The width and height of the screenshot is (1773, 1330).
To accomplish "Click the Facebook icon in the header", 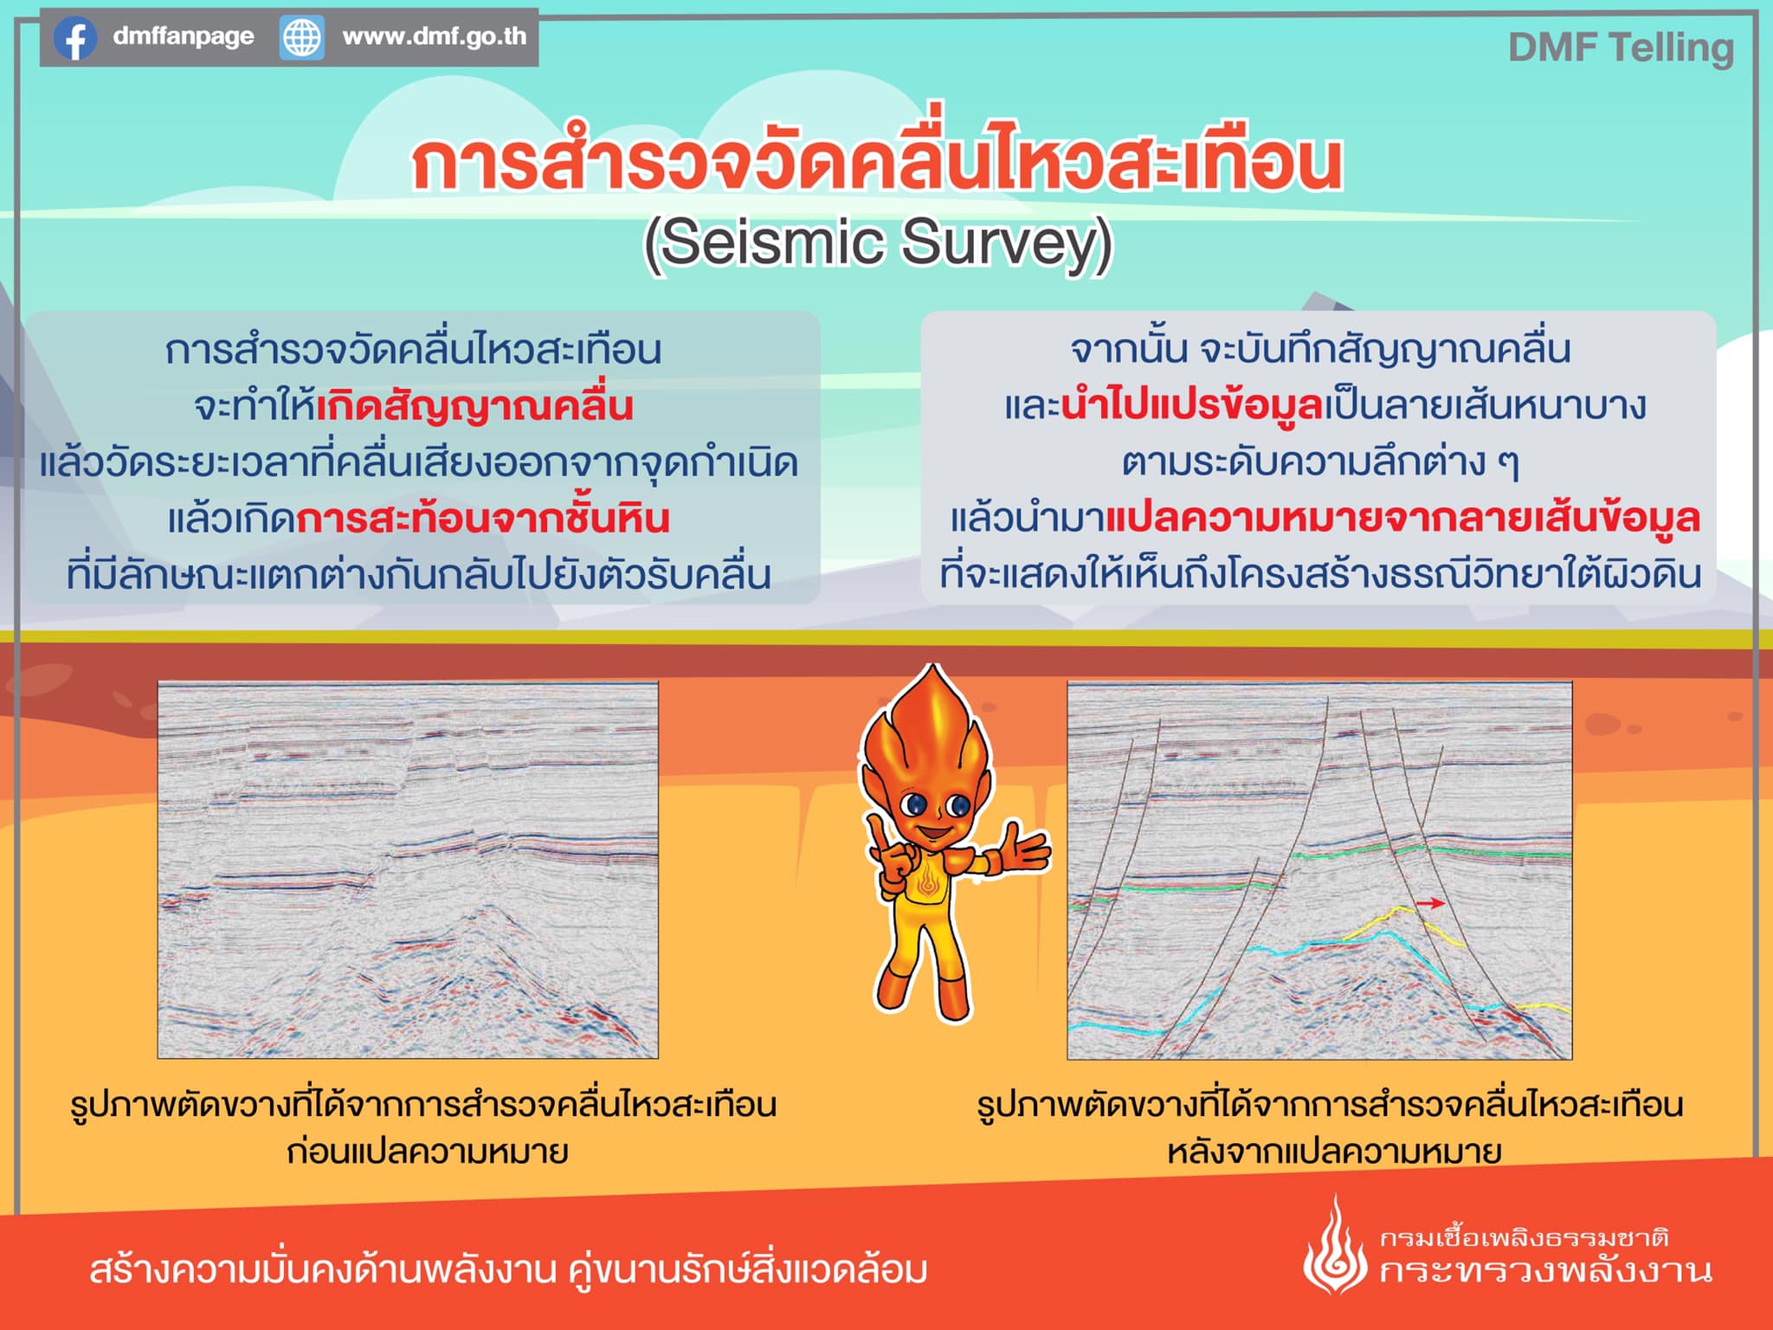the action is [x=75, y=38].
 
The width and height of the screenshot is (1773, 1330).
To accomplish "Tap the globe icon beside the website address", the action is [x=301, y=38].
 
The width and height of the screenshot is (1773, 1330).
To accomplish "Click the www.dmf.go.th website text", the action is [x=435, y=36].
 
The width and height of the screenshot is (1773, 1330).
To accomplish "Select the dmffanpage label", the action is [x=184, y=36].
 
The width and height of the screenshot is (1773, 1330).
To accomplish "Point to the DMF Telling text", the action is [x=1621, y=48].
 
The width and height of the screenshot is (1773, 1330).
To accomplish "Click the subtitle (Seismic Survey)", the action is [x=878, y=244].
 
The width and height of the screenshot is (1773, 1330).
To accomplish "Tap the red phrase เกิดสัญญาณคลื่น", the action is [x=474, y=405].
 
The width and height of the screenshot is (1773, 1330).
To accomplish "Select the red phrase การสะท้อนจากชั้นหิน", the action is [x=483, y=518].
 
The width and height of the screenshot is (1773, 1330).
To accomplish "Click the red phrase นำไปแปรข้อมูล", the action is [x=1192, y=405].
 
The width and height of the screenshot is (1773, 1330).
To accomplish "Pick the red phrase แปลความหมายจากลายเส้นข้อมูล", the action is [x=1403, y=518].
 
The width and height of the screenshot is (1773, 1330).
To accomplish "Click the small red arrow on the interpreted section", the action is [x=1430, y=903].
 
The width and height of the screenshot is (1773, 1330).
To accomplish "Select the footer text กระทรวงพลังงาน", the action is [x=1546, y=1271].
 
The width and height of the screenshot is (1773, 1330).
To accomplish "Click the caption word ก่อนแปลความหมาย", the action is [x=428, y=1152].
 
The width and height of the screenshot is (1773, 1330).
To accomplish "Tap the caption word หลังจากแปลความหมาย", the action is [x=1334, y=1152].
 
